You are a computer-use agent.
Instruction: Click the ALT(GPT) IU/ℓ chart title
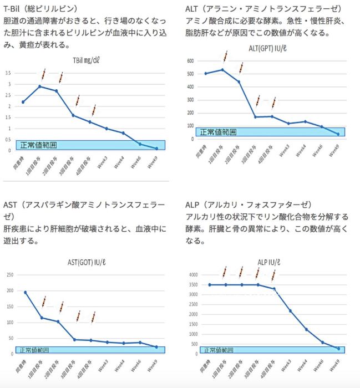(267, 48)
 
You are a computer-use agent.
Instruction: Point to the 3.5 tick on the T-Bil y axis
(8, 73)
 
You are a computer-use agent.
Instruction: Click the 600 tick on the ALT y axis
(190, 61)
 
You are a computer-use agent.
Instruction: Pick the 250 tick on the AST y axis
(9, 275)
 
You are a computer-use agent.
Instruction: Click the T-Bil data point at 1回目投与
(39, 86)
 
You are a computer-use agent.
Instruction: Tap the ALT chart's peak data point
(222, 70)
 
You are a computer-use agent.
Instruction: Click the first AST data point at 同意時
(25, 292)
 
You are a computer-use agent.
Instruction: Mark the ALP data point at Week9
(338, 349)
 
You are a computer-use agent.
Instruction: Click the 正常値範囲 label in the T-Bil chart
(38, 145)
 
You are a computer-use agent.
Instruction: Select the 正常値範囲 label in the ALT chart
(218, 132)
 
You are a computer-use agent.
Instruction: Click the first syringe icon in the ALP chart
(224, 272)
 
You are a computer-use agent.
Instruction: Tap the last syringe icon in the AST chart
(93, 316)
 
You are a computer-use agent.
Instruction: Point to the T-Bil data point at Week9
(156, 149)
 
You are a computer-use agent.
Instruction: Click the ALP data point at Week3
(290, 311)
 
